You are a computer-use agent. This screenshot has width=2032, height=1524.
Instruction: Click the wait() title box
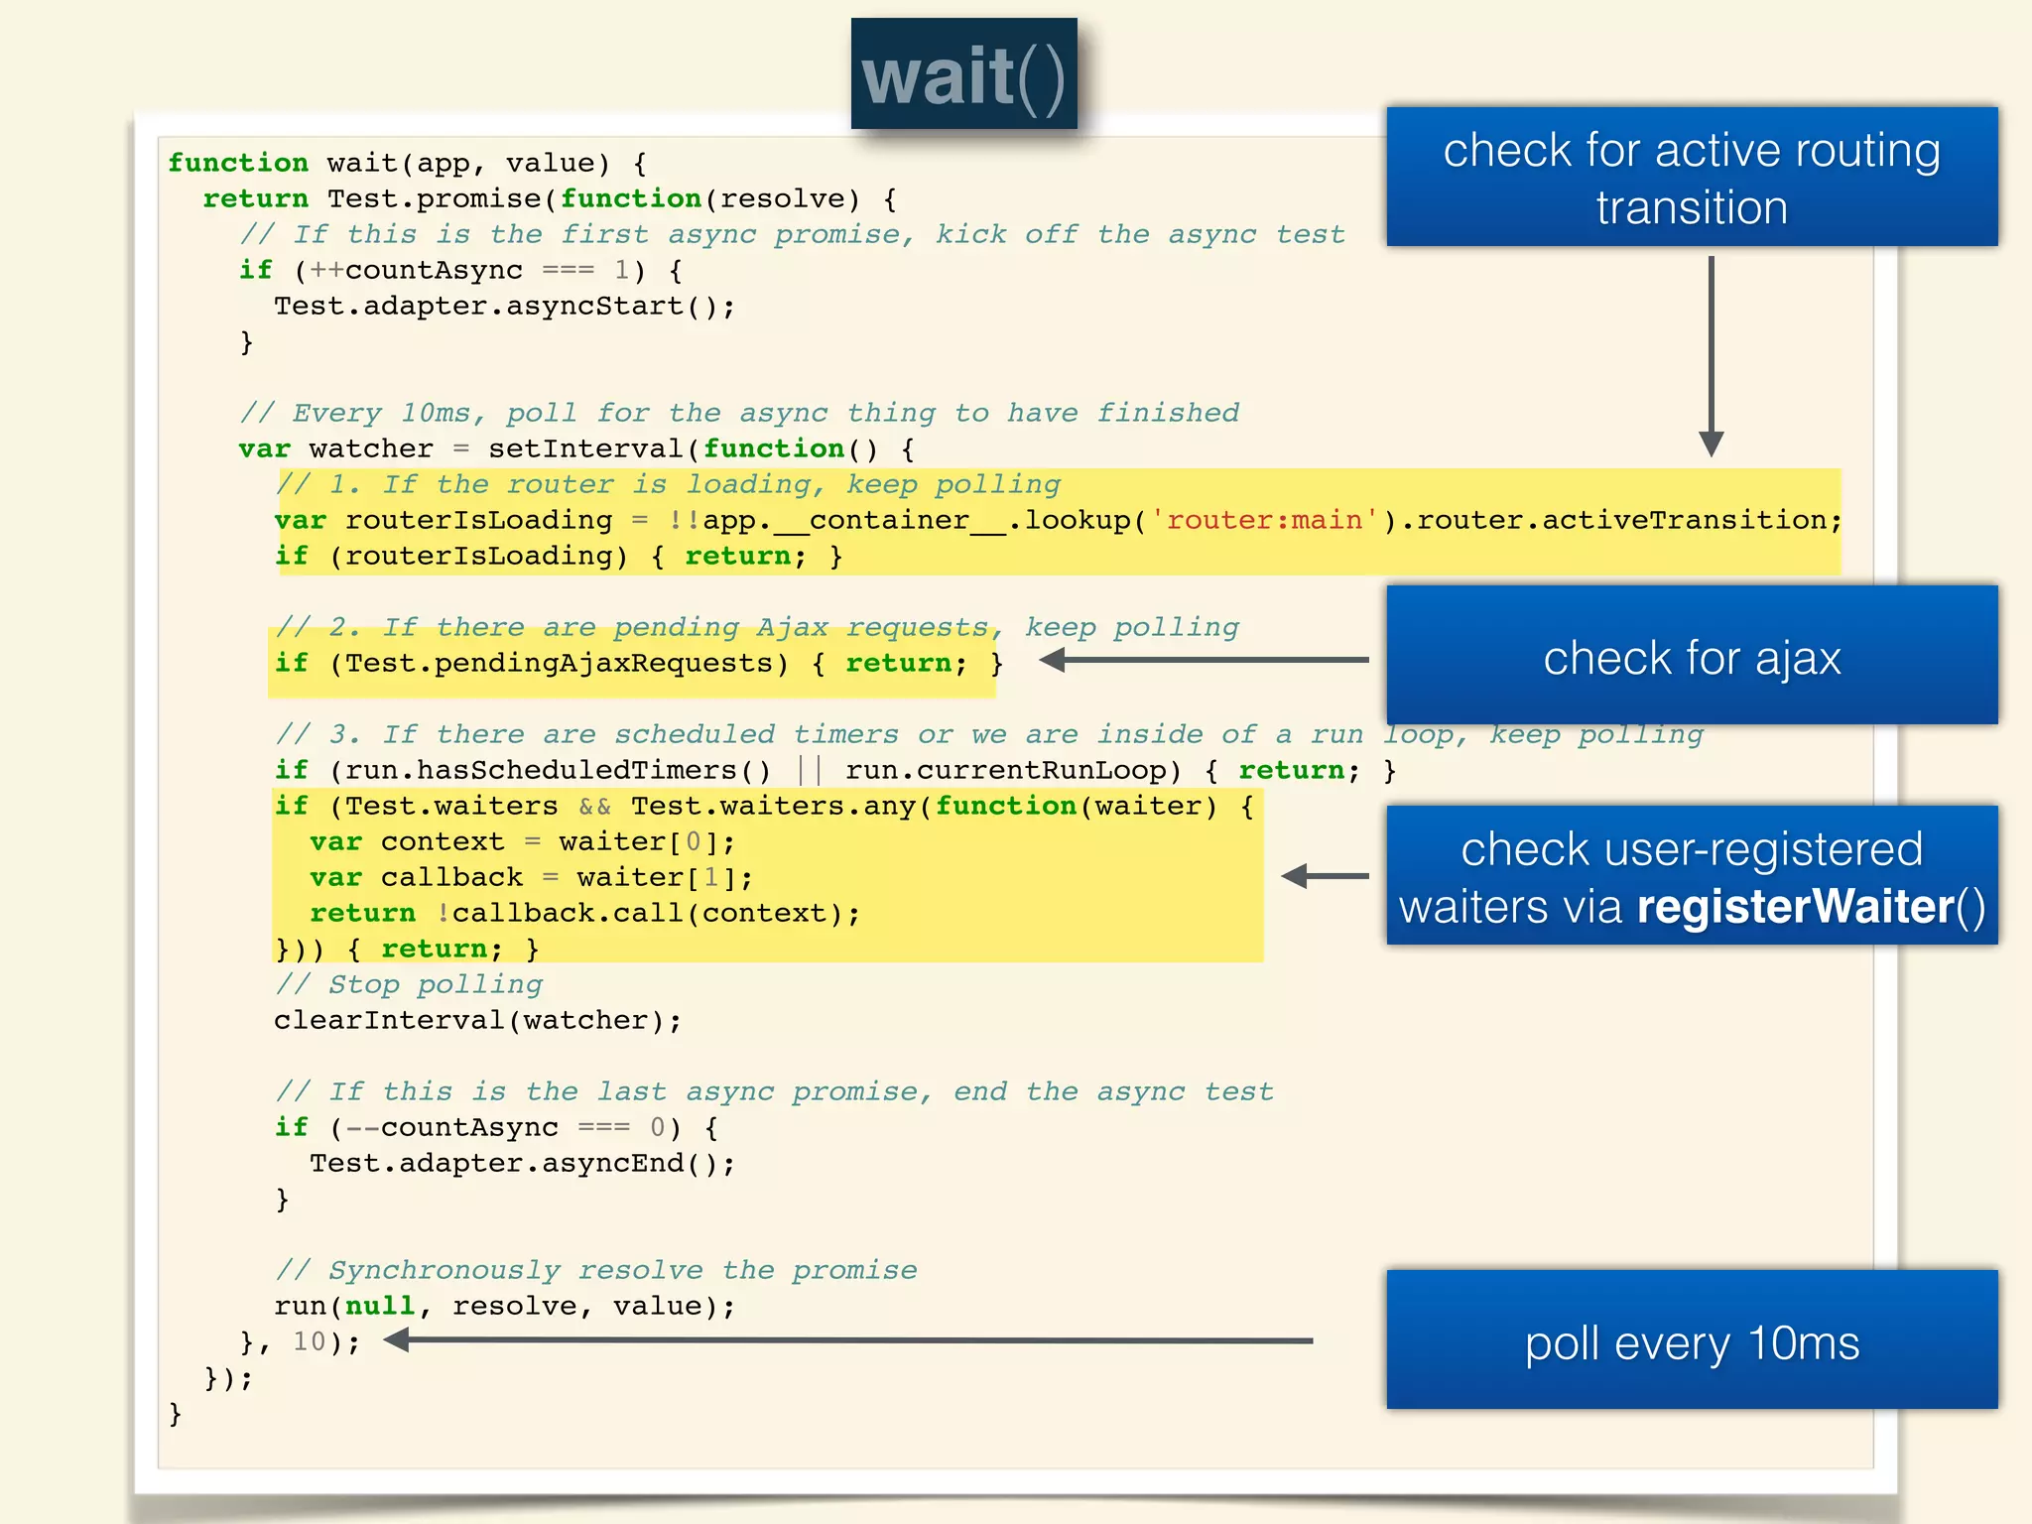click(x=963, y=74)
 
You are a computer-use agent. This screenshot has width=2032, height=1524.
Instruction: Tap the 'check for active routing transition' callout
click(x=1691, y=178)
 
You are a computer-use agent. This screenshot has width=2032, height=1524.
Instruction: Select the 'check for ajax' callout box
click(x=1691, y=657)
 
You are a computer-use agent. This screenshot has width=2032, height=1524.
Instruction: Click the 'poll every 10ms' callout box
click(x=1691, y=1341)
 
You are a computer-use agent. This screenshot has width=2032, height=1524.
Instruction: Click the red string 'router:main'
click(x=1263, y=520)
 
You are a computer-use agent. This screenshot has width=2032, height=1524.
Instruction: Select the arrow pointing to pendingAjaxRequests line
click(x=1205, y=660)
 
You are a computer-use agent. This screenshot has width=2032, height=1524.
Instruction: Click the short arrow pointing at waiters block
click(x=1324, y=876)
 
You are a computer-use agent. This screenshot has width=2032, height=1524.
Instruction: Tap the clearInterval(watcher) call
click(x=476, y=1021)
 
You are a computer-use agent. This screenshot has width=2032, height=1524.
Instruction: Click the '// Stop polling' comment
click(x=409, y=985)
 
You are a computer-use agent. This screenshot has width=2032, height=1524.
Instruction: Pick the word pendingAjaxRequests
click(x=601, y=664)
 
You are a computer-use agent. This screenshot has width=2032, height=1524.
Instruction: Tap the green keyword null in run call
click(x=380, y=1307)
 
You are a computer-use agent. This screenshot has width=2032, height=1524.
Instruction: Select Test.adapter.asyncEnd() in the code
click(x=521, y=1164)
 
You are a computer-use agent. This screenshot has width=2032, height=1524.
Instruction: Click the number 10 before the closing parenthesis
click(x=310, y=1342)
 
